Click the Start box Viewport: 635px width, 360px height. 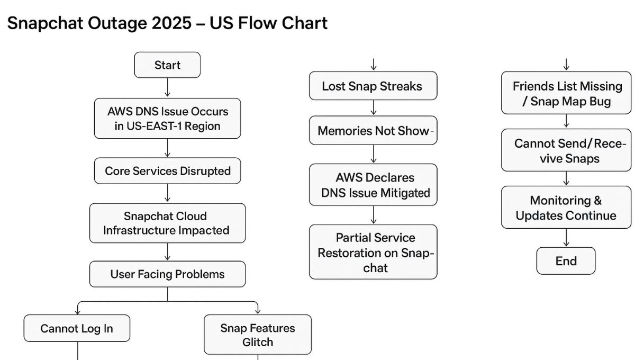[167, 65]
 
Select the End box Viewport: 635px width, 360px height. [566, 261]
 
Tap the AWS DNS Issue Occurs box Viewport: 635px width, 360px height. [167, 119]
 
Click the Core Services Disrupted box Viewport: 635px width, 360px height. [167, 171]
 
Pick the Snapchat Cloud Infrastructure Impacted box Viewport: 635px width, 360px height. [167, 223]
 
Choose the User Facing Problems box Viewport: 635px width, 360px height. [167, 274]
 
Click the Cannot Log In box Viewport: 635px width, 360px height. [77, 328]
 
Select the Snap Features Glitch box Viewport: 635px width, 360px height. [258, 335]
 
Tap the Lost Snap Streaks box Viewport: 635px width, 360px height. [373, 86]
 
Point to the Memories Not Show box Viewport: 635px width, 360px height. [373, 131]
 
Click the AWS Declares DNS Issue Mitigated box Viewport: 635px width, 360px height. [373, 185]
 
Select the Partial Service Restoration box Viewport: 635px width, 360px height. [373, 252]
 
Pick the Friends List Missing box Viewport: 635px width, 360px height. [566, 94]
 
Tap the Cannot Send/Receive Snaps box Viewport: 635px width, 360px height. [566, 150]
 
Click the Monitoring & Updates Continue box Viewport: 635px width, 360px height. [566, 208]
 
